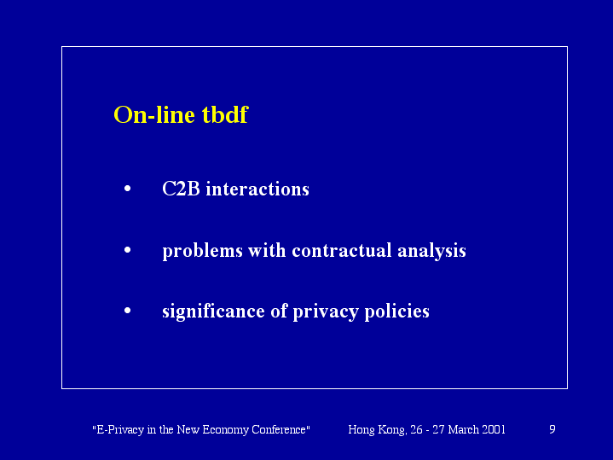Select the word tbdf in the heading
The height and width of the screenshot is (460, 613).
point(225,114)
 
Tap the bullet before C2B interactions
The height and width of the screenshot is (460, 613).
point(127,189)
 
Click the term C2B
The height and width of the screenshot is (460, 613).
point(181,189)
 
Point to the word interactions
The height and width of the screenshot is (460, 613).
point(257,189)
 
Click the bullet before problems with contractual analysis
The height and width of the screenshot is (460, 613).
point(127,250)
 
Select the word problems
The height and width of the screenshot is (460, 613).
point(203,251)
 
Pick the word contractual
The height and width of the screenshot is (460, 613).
point(342,250)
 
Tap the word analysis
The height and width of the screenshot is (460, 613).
point(431,251)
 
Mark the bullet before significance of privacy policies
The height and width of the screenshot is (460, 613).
point(127,311)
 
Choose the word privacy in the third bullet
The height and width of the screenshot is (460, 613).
point(326,312)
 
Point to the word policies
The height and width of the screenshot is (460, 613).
point(396,312)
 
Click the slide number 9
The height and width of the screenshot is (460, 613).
point(552,429)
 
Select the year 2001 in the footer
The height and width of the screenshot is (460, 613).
point(494,429)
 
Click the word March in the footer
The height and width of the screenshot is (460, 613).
point(464,429)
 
